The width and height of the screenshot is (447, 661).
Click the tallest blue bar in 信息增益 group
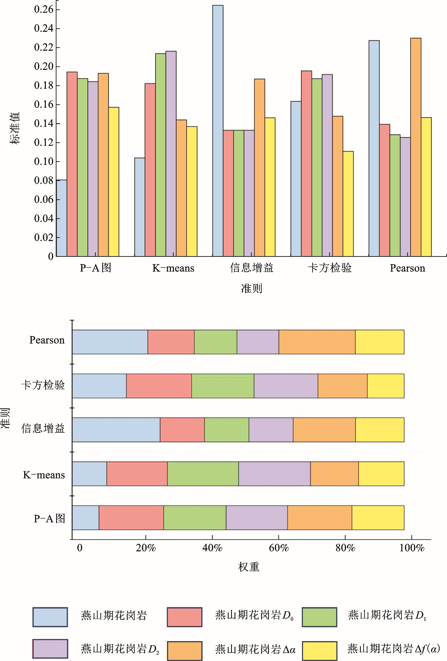pos(218,131)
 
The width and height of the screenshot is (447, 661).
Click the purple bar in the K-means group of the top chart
pos(171,154)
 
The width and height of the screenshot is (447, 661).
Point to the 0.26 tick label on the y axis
pos(43,9)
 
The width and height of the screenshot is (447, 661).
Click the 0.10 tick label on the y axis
pos(43,162)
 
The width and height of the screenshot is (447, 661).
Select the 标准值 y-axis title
pos(15,128)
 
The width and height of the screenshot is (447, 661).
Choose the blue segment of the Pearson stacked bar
pos(110,342)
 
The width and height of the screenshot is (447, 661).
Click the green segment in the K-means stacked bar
pos(203,474)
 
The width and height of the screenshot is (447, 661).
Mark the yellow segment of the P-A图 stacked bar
pos(378,518)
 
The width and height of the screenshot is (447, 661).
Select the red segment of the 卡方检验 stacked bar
pos(159,386)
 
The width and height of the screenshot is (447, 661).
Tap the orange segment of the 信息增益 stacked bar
pos(324,430)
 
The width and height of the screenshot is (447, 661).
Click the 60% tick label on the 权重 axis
pos(279,548)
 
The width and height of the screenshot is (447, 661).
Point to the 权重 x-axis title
pos(249,567)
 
